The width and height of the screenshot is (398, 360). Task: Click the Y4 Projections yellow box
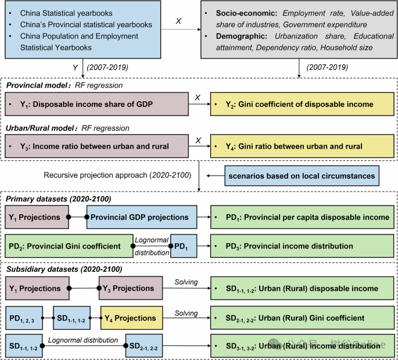point(130,318)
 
